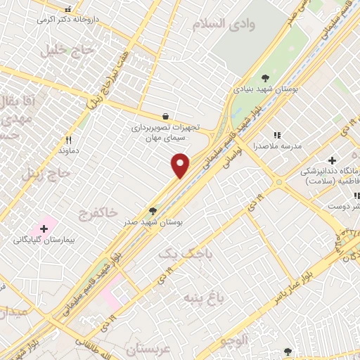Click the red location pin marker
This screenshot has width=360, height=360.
coord(181,165)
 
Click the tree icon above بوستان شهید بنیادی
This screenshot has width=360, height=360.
coord(265,78)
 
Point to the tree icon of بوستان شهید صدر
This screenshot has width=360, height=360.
coord(153,210)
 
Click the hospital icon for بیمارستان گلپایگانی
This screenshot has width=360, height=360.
coord(44,229)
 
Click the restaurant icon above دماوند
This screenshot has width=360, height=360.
coord(68,140)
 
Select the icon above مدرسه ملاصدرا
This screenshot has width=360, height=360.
coord(277,134)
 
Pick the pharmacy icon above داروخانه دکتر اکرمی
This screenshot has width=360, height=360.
coord(68,10)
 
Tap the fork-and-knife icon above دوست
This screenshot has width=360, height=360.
coord(335,195)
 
